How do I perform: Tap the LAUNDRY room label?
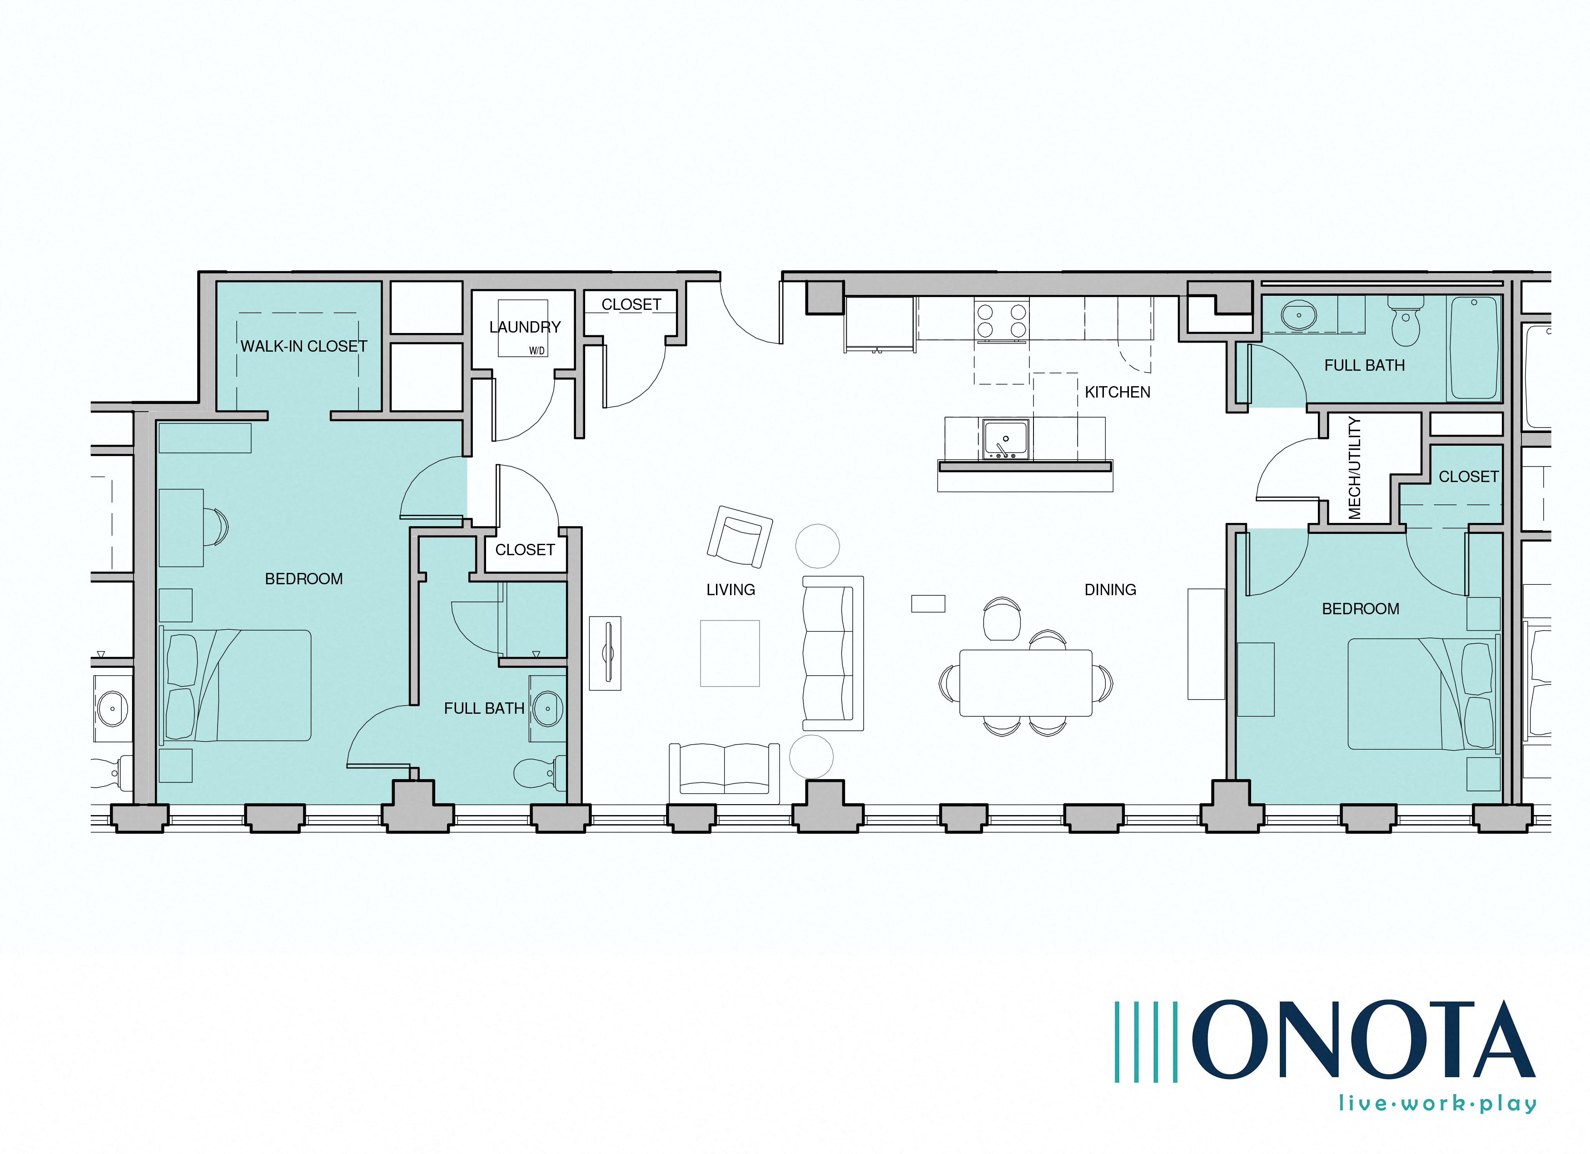pyautogui.click(x=525, y=328)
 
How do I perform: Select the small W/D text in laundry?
pyautogui.click(x=537, y=351)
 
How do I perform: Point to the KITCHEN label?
pyautogui.click(x=1118, y=393)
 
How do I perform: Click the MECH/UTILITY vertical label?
pyautogui.click(x=1354, y=468)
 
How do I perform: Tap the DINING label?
pyautogui.click(x=1110, y=590)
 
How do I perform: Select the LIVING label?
pyautogui.click(x=730, y=590)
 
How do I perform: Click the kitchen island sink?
pyautogui.click(x=1005, y=440)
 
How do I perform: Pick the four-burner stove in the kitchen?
pyautogui.click(x=1001, y=320)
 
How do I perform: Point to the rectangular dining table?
pyautogui.click(x=1026, y=683)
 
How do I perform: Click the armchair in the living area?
pyautogui.click(x=740, y=536)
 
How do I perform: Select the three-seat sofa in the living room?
pyautogui.click(x=832, y=653)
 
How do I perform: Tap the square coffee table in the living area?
pyautogui.click(x=730, y=653)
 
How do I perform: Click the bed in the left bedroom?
pyautogui.click(x=236, y=685)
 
